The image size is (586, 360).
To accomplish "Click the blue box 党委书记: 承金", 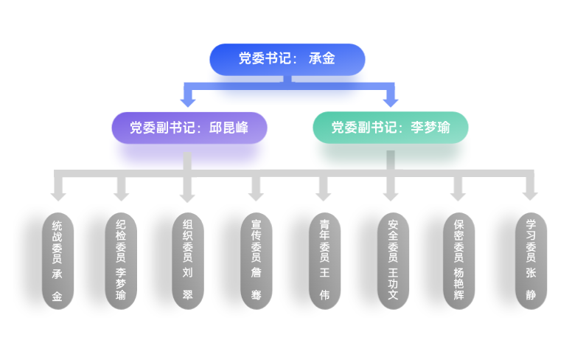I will [x=287, y=59].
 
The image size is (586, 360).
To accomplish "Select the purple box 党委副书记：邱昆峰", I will [x=189, y=128].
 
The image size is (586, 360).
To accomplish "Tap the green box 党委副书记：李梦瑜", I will [x=391, y=128].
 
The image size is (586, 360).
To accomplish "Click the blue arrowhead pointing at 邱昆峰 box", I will [x=189, y=102].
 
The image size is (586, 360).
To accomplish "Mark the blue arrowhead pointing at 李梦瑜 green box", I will [x=391, y=102].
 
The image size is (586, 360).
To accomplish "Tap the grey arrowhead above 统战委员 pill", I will [x=57, y=195].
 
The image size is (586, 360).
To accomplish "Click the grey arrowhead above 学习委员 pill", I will [x=530, y=195].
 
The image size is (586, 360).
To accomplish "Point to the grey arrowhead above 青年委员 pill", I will [x=324, y=195].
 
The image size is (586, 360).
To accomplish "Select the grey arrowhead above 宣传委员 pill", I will [x=256, y=195].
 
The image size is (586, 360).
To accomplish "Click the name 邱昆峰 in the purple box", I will [x=229, y=128].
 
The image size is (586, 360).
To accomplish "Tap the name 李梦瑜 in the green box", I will [x=430, y=128].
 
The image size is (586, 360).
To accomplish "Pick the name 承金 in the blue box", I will [x=322, y=59].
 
